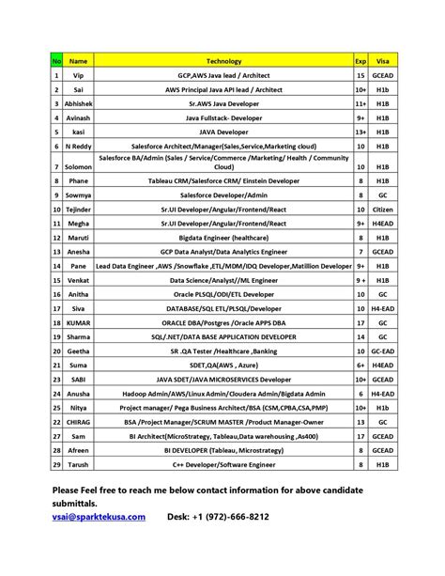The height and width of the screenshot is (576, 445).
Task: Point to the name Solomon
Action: tap(79, 166)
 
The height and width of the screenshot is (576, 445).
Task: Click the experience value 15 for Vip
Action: tap(361, 74)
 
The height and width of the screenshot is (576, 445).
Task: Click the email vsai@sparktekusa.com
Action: tap(100, 516)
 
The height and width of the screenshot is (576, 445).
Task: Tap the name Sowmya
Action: tap(79, 195)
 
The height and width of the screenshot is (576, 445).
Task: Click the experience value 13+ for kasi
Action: tap(361, 132)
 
